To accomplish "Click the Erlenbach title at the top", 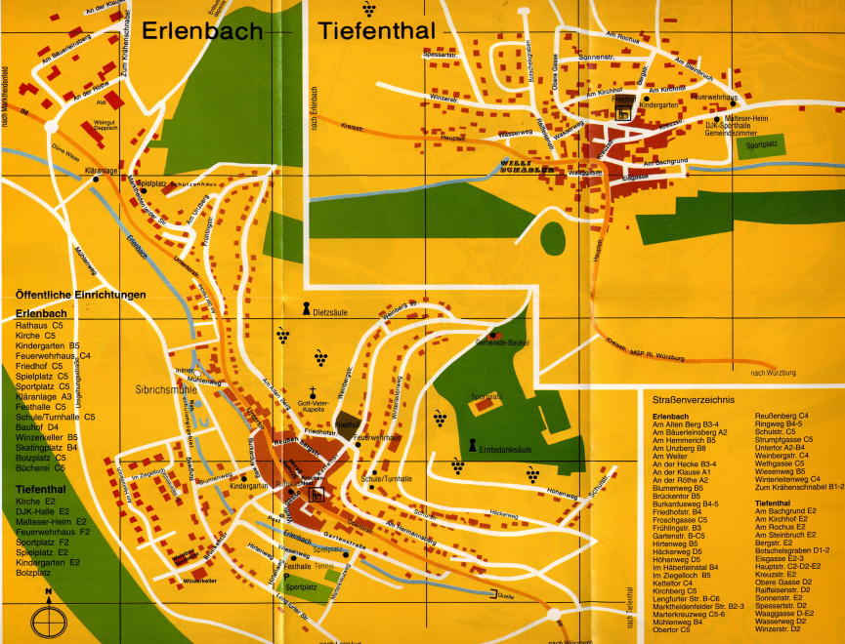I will [202, 31].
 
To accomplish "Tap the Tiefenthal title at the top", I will [376, 31].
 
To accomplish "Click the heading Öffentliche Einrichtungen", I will [81, 295].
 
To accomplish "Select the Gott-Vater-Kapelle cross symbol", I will [316, 387].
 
